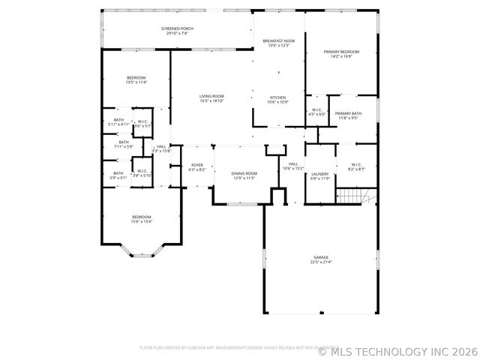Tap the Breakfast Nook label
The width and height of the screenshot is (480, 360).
pos(278,40)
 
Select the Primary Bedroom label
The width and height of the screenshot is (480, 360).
pos(341,52)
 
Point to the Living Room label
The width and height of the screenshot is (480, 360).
pos(211,96)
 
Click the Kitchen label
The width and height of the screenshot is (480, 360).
pos(278,97)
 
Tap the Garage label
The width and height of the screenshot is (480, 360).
pos(321,257)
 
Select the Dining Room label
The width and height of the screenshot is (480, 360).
pos(244,173)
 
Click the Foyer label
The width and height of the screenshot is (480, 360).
pos(197,165)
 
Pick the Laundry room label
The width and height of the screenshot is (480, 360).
pos(320,173)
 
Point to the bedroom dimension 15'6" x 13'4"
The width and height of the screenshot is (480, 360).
pos(142,221)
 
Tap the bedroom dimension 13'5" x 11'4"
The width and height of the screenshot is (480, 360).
pos(136,82)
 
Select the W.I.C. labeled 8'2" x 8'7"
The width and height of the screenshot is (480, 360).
pos(355,169)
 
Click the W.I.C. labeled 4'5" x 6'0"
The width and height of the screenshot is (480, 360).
pos(318,114)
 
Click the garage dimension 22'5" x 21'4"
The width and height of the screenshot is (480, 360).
pos(321,262)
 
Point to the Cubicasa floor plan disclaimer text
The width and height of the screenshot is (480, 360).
pos(225,348)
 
